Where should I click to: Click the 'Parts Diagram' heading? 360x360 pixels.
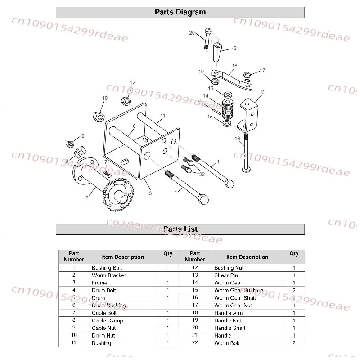click(180, 12)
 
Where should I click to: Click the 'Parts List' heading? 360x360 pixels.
click(180, 229)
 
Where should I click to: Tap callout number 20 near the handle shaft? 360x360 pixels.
click(192, 33)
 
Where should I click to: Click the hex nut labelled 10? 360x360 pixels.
click(99, 116)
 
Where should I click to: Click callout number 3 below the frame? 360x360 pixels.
click(150, 193)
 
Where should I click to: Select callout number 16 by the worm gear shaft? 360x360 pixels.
click(237, 139)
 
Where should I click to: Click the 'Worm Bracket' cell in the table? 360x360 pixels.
click(109, 275)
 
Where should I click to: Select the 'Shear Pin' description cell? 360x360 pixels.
click(226, 275)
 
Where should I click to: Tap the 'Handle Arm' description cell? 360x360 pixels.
click(228, 313)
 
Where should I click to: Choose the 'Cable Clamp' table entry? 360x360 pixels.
click(107, 320)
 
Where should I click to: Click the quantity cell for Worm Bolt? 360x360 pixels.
click(294, 343)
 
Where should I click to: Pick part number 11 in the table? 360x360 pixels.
click(74, 343)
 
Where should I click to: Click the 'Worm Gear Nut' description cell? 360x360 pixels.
click(233, 306)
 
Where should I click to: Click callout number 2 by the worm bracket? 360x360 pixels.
click(262, 91)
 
